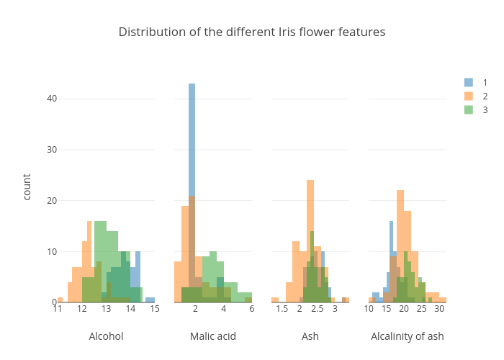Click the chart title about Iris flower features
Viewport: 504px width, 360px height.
click(x=252, y=32)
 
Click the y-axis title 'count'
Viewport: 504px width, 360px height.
click(x=27, y=186)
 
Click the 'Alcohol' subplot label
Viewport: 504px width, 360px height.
click(x=106, y=336)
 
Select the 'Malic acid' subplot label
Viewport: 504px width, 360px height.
click(x=212, y=336)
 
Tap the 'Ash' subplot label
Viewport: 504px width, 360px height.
click(x=310, y=336)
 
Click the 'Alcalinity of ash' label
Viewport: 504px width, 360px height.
click(x=407, y=336)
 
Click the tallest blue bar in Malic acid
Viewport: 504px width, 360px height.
click(x=192, y=144)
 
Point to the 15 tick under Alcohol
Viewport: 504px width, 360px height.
click(x=154, y=310)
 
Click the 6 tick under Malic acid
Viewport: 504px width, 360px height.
click(x=251, y=310)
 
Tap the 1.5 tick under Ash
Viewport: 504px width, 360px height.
click(x=282, y=310)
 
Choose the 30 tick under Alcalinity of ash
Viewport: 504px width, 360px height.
click(x=439, y=310)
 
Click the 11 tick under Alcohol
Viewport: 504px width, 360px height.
click(x=58, y=310)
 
